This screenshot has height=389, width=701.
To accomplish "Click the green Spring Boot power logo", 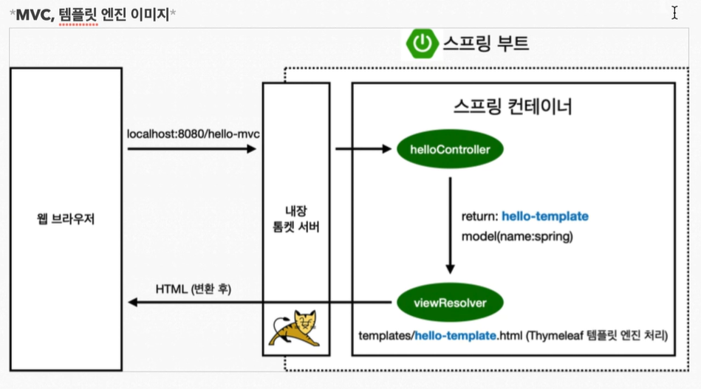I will (422, 44).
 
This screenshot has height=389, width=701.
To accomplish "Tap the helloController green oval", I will (450, 150).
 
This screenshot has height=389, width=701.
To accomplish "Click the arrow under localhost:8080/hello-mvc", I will (191, 149).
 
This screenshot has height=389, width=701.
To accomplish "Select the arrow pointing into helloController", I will (363, 149).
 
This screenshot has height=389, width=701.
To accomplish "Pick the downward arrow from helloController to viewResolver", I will (450, 225).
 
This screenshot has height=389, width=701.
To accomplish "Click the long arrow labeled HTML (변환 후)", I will (259, 301).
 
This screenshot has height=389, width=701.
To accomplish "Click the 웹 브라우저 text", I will (65, 220).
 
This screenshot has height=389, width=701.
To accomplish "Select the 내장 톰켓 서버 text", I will (295, 219).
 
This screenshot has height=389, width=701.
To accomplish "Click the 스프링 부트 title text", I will (485, 44).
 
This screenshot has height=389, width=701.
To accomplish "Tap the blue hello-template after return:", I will (545, 216).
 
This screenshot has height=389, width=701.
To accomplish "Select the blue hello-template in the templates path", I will (454, 336).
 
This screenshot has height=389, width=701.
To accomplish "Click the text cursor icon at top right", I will (674, 13).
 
